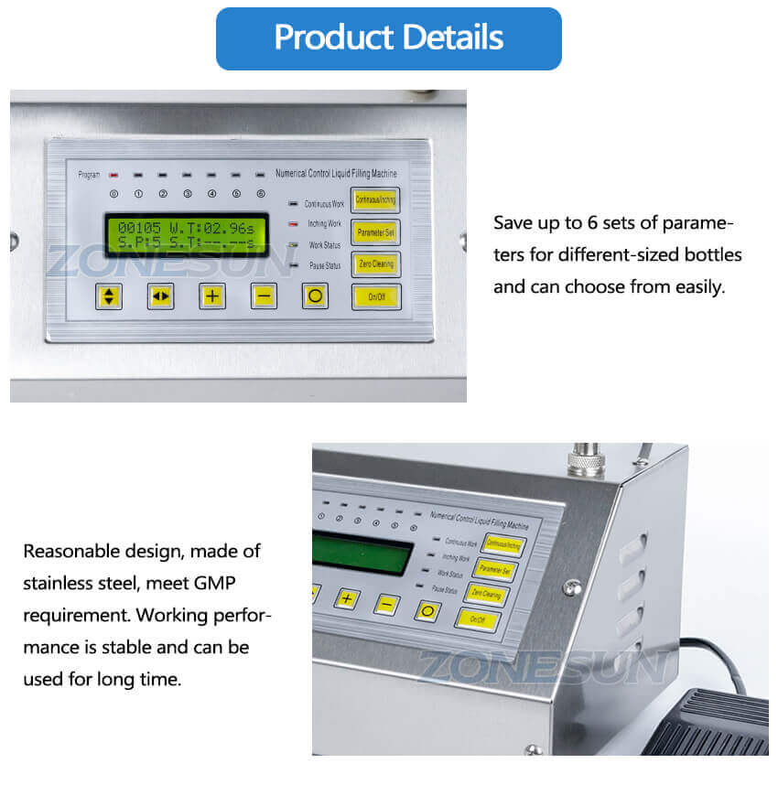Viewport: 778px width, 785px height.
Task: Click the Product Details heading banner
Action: pyautogui.click(x=388, y=38)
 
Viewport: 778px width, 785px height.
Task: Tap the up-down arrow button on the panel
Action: pyautogui.click(x=109, y=296)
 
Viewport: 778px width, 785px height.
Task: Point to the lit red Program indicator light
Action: pyautogui.click(x=113, y=174)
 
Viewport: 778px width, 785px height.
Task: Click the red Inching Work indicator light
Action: pyautogui.click(x=293, y=224)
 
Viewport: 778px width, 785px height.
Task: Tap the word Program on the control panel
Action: pyautogui.click(x=89, y=174)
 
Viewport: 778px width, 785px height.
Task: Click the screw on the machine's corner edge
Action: pyautogui.click(x=572, y=586)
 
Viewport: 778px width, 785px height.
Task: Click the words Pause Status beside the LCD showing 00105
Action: pyautogui.click(x=325, y=266)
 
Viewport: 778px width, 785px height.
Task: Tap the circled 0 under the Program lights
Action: pyautogui.click(x=113, y=194)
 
